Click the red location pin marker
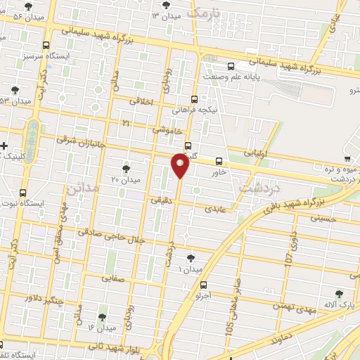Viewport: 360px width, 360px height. click(181, 166)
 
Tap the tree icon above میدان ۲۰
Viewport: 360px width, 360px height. click(126, 168)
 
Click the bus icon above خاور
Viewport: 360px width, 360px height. click(219, 160)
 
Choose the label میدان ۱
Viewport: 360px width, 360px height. click(189, 269)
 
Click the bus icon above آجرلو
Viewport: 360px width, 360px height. click(204, 285)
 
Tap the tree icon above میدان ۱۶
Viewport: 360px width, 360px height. click(103, 317)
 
